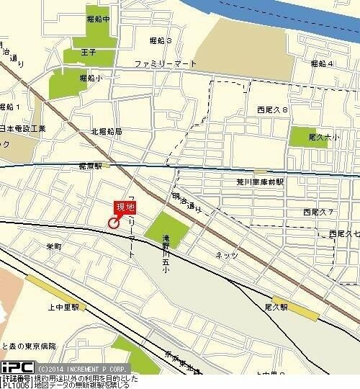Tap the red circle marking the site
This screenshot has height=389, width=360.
(114, 223)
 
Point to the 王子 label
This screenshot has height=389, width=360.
(89, 53)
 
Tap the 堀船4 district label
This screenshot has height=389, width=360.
(321, 64)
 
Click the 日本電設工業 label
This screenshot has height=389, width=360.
(23, 128)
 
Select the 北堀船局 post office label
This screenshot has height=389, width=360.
(106, 133)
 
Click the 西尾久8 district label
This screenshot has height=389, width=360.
(272, 109)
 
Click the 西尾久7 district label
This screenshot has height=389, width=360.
(318, 212)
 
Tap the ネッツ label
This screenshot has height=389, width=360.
(228, 255)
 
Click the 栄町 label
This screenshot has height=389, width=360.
(54, 247)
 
